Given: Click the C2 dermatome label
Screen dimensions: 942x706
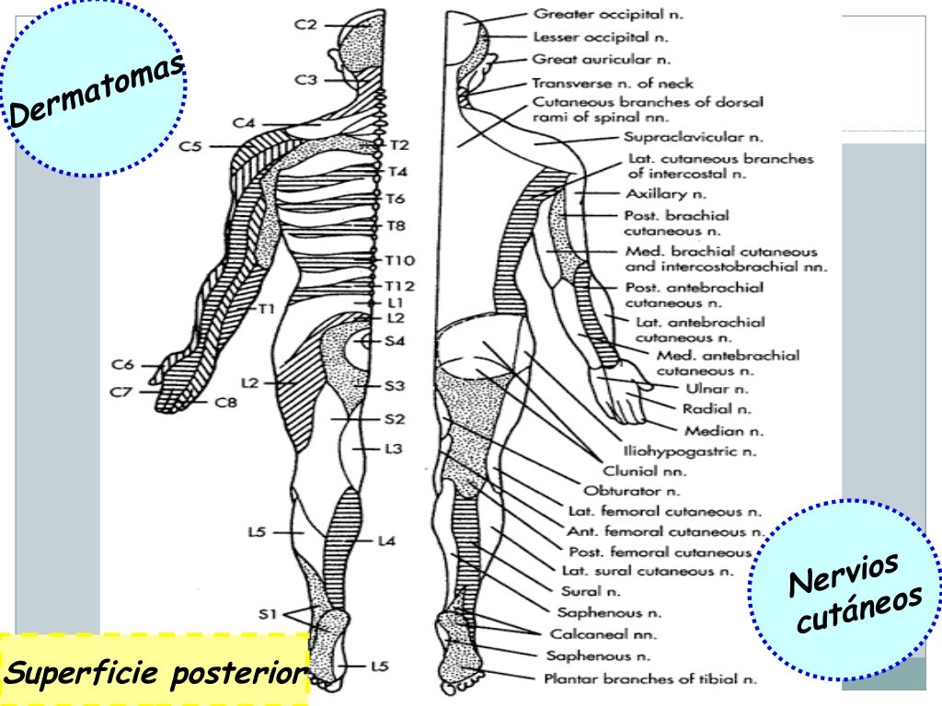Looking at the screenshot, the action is coord(306,25).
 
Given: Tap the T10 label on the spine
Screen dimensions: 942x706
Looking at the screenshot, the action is coord(400,260).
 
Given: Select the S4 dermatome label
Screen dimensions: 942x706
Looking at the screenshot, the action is coord(396,341).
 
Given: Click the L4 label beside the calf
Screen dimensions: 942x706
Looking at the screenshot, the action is coord(386,541).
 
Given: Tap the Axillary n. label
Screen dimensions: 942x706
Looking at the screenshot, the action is coord(666,194).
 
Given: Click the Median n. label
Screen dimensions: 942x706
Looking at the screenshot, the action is coord(723,430).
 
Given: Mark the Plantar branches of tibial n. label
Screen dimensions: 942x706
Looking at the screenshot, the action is coord(650,679).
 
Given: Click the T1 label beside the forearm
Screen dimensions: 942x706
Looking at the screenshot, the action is coord(267,310).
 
